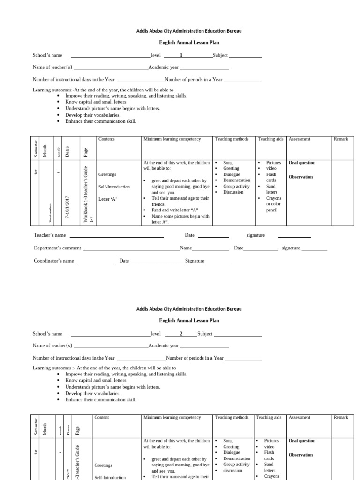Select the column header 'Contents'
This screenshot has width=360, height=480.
(106, 139)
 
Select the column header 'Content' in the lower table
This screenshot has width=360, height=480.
(102, 417)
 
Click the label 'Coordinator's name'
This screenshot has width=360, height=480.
(53, 261)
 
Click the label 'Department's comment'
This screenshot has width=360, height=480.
(57, 248)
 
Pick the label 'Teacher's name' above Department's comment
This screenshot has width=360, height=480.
(50, 235)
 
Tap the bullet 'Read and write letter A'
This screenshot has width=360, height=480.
(172, 210)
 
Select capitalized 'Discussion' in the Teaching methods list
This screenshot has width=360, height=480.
(233, 192)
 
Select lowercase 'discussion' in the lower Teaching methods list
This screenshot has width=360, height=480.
(233, 470)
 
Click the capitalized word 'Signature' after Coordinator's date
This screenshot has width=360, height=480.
(195, 261)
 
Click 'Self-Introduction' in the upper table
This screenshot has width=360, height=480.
(114, 187)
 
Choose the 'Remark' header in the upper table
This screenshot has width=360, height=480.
(341, 139)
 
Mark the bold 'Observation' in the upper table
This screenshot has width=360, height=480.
(300, 177)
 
